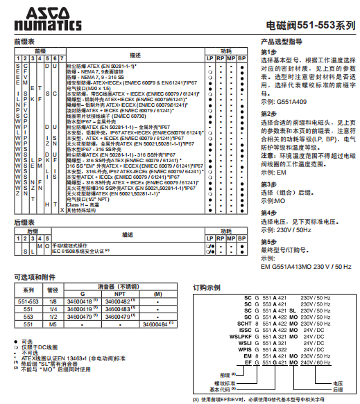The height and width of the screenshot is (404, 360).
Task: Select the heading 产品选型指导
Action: pos(283,42)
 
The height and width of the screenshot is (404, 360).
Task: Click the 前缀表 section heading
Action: pos(24,42)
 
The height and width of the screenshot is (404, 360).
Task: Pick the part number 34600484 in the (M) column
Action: pos(155,324)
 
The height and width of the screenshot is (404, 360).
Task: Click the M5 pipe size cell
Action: pos(52,324)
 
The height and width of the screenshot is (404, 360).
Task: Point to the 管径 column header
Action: pos(52,289)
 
